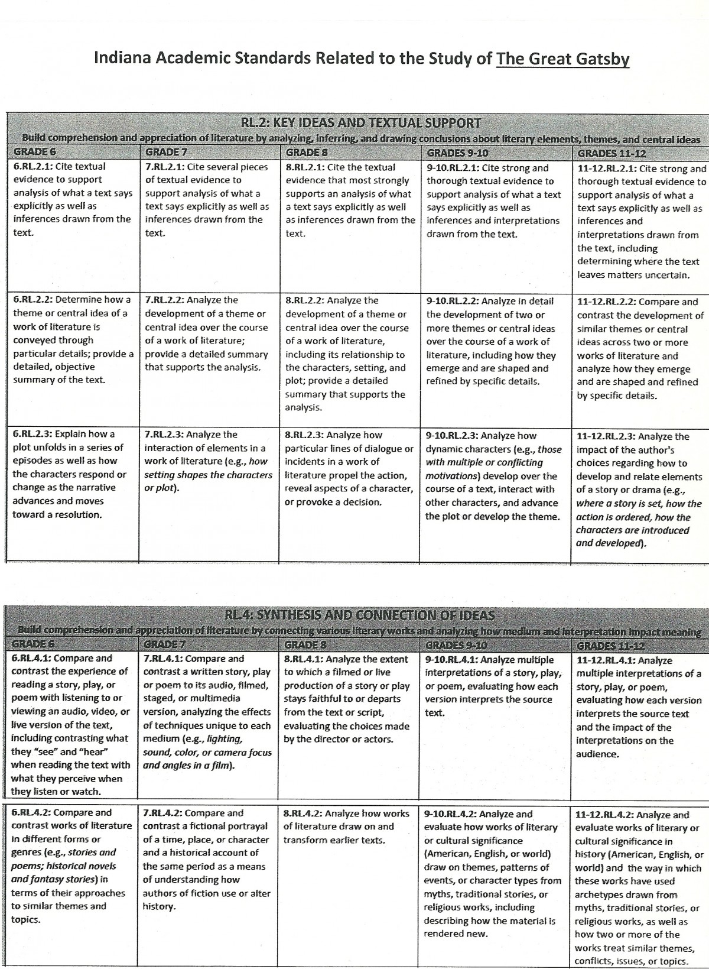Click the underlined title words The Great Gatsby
562,59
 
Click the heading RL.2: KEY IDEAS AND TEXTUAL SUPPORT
361,123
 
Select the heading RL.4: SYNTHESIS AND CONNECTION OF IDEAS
360,615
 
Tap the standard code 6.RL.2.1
32,167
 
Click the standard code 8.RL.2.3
304,435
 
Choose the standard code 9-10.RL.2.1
453,168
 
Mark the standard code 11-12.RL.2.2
606,302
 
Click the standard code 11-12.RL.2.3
606,437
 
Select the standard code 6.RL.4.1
31,658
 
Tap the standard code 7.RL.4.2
162,813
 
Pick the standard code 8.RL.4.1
304,659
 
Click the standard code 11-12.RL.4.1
605,660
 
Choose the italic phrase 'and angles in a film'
188,766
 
